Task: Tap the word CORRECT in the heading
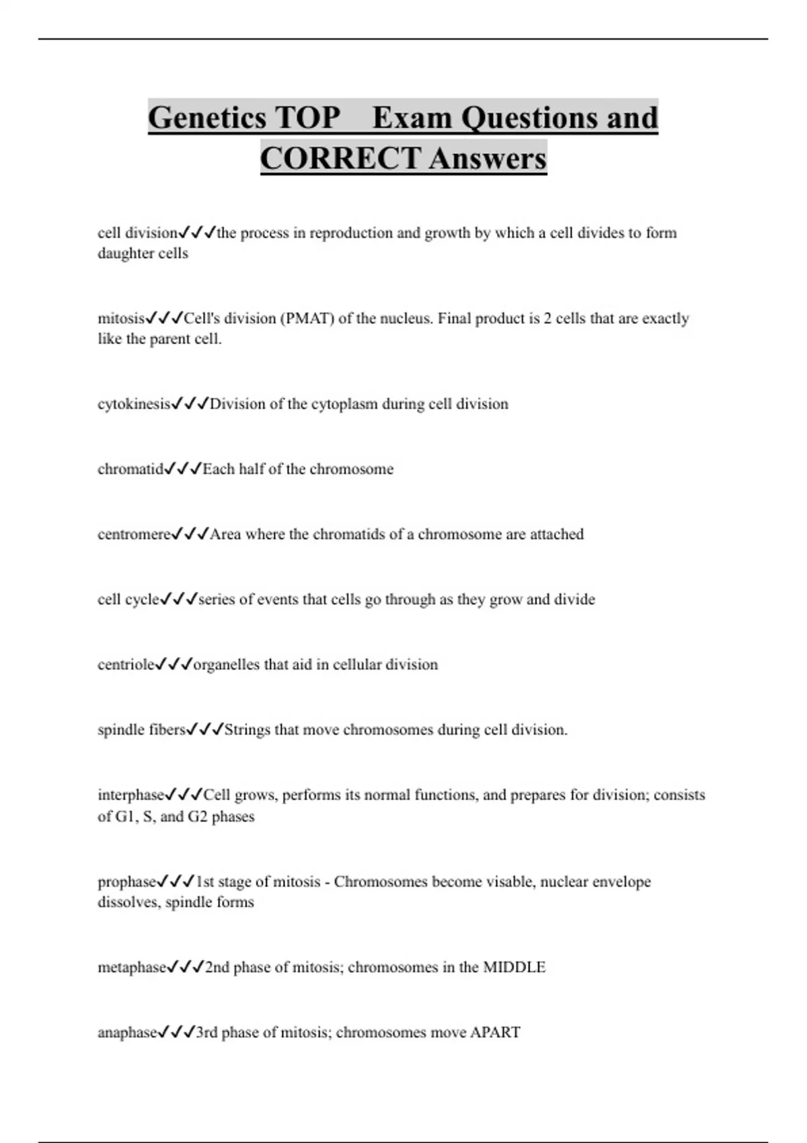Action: pos(340,159)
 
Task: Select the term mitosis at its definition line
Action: pos(121,318)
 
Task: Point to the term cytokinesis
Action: pos(134,404)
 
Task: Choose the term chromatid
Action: pos(130,469)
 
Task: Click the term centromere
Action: pos(134,535)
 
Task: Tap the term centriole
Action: pos(126,665)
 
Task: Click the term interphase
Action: pos(131,795)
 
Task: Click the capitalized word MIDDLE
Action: pos(514,968)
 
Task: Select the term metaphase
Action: pos(132,968)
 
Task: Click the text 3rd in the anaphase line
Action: pos(206,1033)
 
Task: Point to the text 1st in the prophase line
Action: pos(204,881)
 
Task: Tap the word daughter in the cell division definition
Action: pos(125,253)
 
